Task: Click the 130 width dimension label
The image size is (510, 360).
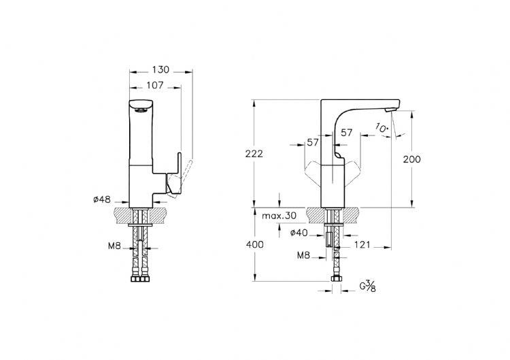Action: [x=160, y=69]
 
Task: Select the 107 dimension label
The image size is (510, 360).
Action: [x=155, y=85]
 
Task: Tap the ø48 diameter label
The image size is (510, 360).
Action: [x=102, y=199]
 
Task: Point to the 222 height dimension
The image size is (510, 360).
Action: [x=254, y=154]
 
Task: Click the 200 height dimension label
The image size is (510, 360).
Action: [x=412, y=159]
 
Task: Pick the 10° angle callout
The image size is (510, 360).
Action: [x=382, y=127]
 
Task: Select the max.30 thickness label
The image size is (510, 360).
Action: [x=279, y=216]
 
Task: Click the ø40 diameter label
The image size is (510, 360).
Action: [x=299, y=233]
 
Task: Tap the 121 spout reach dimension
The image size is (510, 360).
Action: [x=362, y=244]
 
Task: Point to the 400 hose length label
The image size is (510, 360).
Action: [x=255, y=244]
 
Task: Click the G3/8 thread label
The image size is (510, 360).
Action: [x=367, y=286]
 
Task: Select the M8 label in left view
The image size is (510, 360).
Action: [x=114, y=246]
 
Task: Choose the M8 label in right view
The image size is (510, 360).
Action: [x=303, y=255]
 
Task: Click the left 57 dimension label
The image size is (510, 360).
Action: [x=313, y=142]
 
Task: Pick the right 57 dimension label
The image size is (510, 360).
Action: [x=346, y=133]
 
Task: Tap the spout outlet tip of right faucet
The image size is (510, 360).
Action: [x=390, y=110]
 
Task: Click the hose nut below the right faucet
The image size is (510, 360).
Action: [x=336, y=278]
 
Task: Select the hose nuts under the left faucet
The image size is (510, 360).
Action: [x=140, y=279]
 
